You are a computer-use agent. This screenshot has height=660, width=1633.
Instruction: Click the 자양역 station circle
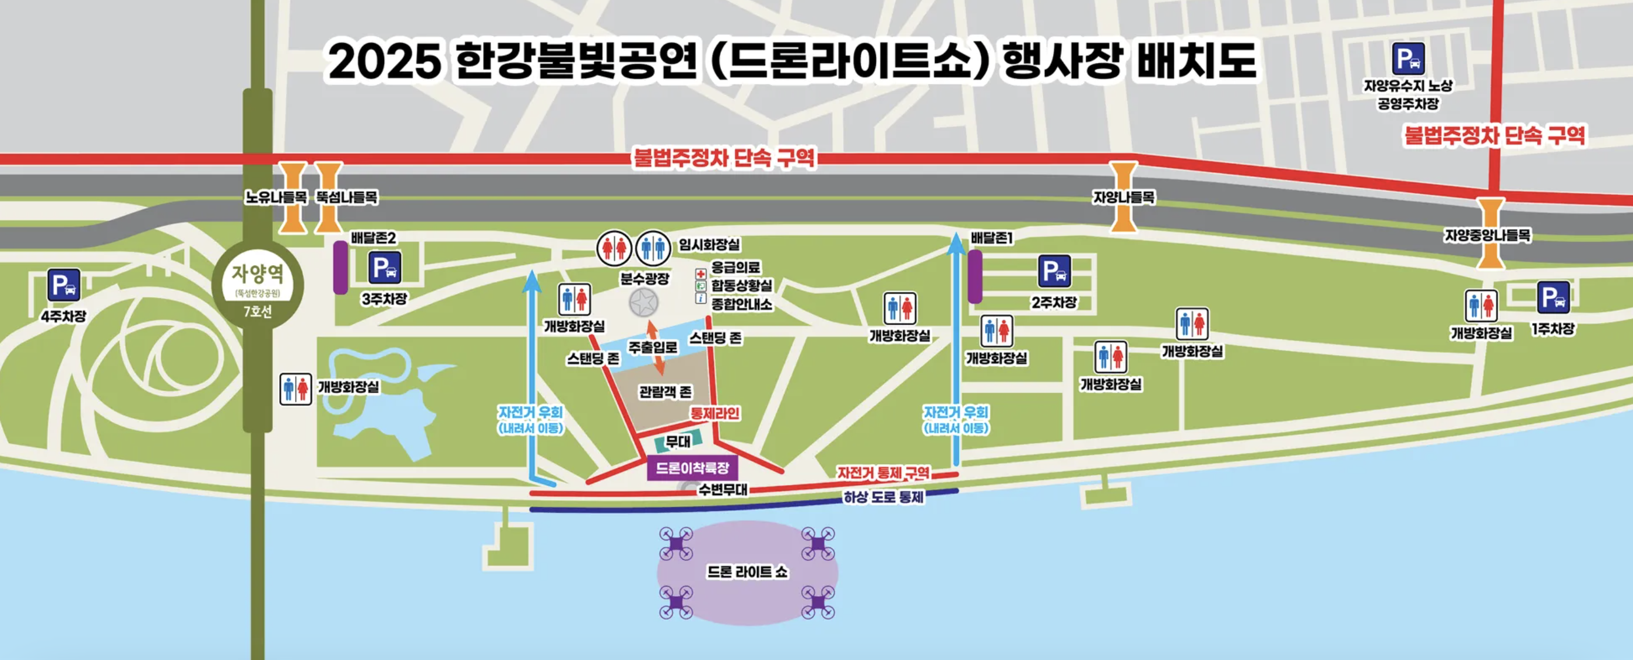[x=258, y=285]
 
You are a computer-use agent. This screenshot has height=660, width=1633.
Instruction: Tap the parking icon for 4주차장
[x=64, y=285]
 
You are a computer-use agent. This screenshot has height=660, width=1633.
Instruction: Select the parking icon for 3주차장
[x=385, y=268]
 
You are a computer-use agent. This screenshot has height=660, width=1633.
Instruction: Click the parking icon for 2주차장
[x=1054, y=271]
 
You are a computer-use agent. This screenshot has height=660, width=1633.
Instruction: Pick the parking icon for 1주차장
[x=1553, y=297]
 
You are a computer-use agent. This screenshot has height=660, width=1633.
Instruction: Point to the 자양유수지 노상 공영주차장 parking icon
[x=1408, y=59]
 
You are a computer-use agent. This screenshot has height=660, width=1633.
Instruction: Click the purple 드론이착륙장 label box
[x=692, y=469]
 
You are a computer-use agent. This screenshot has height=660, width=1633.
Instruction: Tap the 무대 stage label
[x=678, y=441]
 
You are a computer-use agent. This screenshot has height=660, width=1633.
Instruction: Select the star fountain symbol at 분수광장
[x=643, y=303]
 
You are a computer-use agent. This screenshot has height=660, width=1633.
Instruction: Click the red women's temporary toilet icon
[x=614, y=248]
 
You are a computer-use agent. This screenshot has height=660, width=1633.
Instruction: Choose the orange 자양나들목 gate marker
[x=1123, y=196]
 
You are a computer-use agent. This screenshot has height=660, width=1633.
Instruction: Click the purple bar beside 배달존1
[x=974, y=276]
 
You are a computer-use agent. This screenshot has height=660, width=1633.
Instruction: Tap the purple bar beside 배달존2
[x=340, y=267]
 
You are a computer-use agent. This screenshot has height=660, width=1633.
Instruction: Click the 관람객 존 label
[x=665, y=392]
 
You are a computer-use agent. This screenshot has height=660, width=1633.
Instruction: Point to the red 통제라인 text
[x=715, y=414]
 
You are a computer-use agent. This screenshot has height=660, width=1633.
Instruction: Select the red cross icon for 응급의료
[x=701, y=274]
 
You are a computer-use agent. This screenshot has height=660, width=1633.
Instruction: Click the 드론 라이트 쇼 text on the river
[x=747, y=572]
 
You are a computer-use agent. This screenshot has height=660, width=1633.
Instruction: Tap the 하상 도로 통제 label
[x=883, y=498]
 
